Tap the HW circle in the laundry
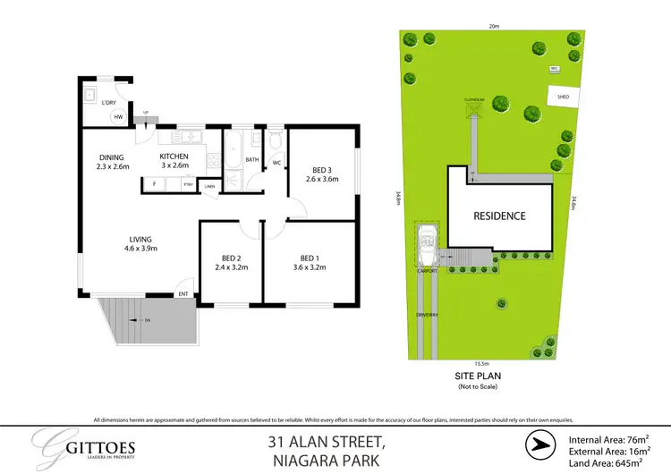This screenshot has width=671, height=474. coord(117,116)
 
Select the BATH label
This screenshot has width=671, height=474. coord(251,160)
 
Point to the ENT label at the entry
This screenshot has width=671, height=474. coord(183,293)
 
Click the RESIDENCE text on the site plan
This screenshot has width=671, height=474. coord(499,216)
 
